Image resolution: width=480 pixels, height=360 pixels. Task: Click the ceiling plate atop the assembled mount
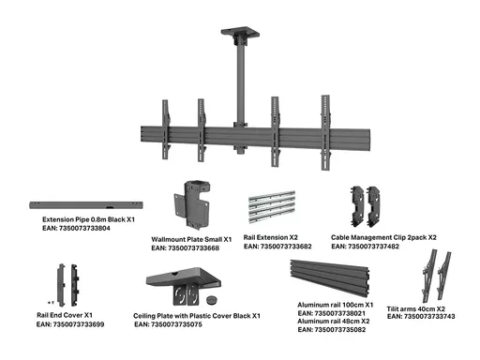[240, 32]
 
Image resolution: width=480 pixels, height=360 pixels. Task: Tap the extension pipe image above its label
[86, 205]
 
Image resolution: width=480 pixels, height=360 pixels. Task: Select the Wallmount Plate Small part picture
[191, 204]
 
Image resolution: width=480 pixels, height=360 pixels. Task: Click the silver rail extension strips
[272, 206]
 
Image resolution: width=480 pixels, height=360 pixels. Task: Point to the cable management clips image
[366, 207]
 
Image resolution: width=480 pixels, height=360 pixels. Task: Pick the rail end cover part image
[67, 285]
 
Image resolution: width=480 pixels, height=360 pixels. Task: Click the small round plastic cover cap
[212, 300]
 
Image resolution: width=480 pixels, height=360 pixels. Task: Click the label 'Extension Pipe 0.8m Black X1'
[88, 219]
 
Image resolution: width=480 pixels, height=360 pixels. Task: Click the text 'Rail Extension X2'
[271, 237]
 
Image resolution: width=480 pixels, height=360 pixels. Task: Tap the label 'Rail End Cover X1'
[65, 315]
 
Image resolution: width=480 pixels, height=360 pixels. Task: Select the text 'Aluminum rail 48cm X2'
[334, 322]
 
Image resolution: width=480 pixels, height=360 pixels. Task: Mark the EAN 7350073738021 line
[332, 313]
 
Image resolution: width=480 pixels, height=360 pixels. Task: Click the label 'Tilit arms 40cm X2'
[416, 308]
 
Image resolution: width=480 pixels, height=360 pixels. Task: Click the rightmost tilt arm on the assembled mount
[325, 132]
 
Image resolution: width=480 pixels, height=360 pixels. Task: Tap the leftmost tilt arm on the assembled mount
[166, 129]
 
